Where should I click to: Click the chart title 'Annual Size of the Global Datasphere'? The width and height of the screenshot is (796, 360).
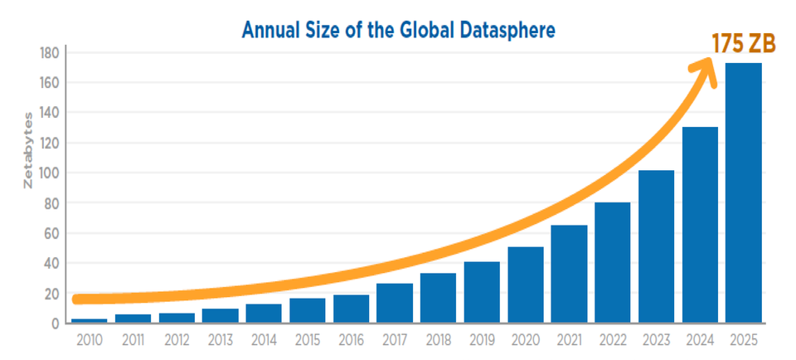click(x=397, y=30)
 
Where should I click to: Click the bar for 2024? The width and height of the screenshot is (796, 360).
click(x=700, y=225)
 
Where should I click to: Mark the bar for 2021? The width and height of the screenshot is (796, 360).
click(x=569, y=274)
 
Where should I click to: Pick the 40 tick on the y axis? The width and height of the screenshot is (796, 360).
click(x=50, y=263)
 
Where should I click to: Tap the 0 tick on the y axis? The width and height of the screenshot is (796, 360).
click(x=53, y=324)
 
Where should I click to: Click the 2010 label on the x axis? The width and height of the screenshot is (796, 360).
click(x=90, y=341)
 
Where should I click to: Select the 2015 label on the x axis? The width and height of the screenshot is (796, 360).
click(x=308, y=341)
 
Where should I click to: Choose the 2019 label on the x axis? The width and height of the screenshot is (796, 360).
click(x=482, y=341)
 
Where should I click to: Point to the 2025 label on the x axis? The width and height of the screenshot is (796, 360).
click(x=743, y=341)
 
